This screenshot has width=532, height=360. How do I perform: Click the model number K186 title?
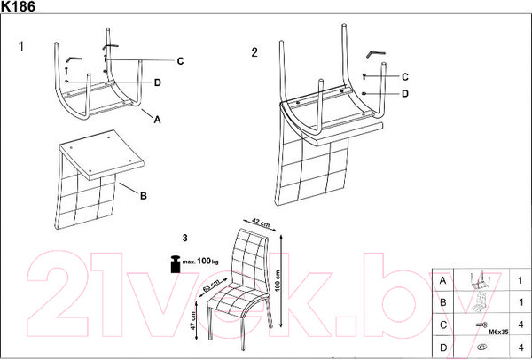pyautogui.click(x=18, y=6)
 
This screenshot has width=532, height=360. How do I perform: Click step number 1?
pyautogui.click(x=21, y=46)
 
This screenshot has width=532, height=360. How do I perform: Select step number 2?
pyautogui.click(x=254, y=52)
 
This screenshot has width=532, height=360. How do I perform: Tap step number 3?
pyautogui.click(x=185, y=239)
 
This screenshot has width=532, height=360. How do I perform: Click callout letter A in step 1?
pyautogui.click(x=157, y=120)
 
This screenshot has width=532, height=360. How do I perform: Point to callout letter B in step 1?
pyautogui.click(x=144, y=196)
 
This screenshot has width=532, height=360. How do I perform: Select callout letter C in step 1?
pyautogui.click(x=181, y=61)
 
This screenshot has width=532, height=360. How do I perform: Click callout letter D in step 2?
pyautogui.click(x=405, y=94)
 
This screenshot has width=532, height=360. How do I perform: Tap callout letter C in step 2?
pyautogui.click(x=405, y=77)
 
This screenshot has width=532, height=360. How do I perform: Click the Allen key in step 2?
pyautogui.click(x=376, y=53)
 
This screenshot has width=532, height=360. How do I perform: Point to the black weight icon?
pyautogui.click(x=176, y=264)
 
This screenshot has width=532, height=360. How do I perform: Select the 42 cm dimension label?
pyautogui.click(x=261, y=223)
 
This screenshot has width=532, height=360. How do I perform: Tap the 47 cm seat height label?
pyautogui.click(x=192, y=321)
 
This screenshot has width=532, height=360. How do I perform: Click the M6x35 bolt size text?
pyautogui.click(x=498, y=333)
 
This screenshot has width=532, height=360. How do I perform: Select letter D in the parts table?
pyautogui.click(x=443, y=348)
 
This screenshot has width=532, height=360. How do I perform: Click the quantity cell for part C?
pyautogui.click(x=520, y=325)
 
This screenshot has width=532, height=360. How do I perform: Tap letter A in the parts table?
pyautogui.click(x=442, y=280)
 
